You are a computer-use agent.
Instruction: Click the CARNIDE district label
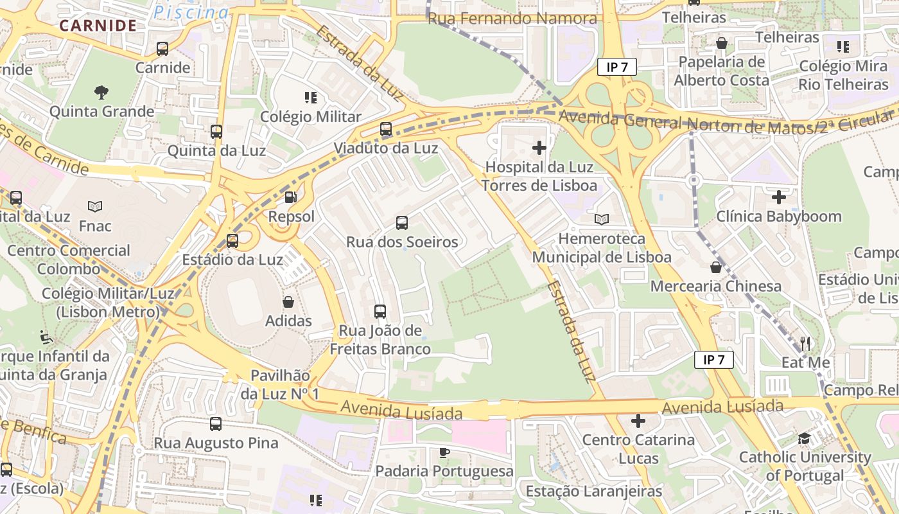tap(98, 26)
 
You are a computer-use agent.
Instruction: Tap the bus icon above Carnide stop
tap(162, 49)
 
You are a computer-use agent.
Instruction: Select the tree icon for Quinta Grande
tap(101, 93)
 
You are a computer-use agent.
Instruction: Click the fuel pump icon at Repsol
tap(291, 197)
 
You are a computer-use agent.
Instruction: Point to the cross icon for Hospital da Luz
tap(539, 148)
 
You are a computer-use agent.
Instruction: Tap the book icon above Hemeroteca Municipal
tap(602, 220)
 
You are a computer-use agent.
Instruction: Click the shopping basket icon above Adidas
tap(288, 302)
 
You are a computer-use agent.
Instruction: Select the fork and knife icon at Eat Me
tap(805, 343)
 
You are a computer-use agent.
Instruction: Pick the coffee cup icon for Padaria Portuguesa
tap(444, 452)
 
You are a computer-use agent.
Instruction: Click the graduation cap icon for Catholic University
tap(804, 438)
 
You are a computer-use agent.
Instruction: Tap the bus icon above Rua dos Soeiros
tap(402, 223)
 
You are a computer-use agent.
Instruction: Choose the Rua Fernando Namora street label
tap(512, 19)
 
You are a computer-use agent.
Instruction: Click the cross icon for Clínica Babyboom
tap(779, 197)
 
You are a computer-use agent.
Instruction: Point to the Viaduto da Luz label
tap(385, 148)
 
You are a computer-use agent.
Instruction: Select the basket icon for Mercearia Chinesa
tap(716, 267)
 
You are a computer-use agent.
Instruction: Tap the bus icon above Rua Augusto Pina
tap(216, 424)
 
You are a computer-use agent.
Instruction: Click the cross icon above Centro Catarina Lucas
tap(638, 421)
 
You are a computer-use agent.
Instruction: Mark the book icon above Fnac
tap(95, 207)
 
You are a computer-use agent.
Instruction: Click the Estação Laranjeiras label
tap(593, 492)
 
